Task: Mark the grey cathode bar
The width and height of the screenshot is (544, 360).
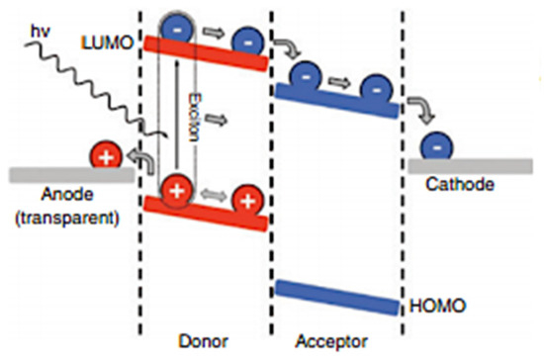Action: [x=469, y=165]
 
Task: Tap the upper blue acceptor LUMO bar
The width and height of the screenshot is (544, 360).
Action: [x=337, y=101]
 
